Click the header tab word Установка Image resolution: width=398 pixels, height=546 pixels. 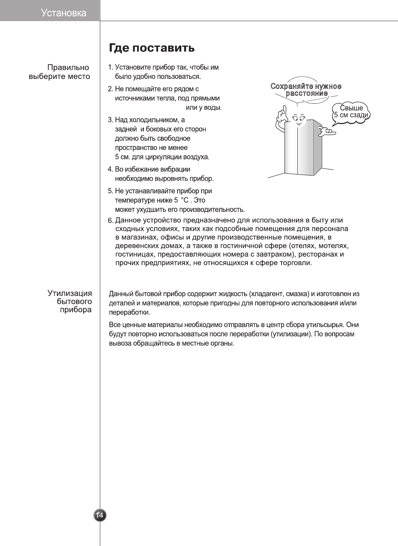point(64,13)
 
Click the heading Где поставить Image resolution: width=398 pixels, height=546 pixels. point(152,48)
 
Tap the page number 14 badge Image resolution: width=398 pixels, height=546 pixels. point(99,515)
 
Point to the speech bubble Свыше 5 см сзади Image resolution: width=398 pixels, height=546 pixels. point(351,112)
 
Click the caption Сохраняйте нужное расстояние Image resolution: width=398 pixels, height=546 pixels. point(306,90)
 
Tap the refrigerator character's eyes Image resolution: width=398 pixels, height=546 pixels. point(298,118)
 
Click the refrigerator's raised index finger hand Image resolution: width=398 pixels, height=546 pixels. point(283,113)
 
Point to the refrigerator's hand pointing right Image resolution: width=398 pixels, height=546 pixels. point(327,131)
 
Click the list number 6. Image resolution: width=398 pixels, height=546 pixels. point(111,221)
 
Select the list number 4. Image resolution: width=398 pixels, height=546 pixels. point(110,169)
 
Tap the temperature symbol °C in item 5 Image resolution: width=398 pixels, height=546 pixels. point(185,200)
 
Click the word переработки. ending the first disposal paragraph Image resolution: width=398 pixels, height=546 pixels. point(129,312)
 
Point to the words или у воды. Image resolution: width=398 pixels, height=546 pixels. point(203,107)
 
